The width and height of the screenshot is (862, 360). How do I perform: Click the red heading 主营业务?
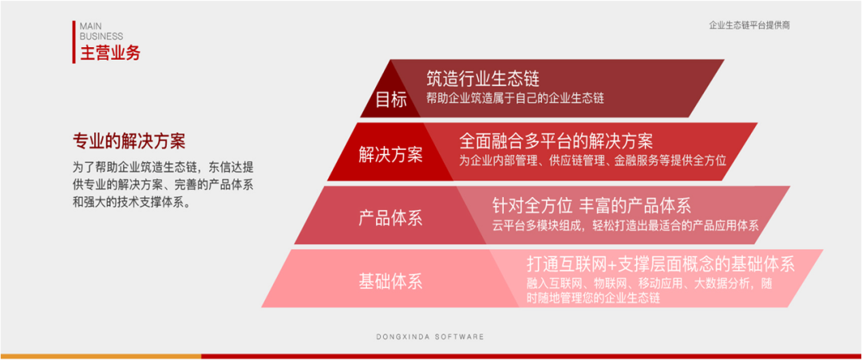click(110, 54)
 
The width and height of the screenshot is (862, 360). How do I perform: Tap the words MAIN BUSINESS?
click(101, 31)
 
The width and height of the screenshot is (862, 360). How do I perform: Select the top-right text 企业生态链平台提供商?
click(749, 26)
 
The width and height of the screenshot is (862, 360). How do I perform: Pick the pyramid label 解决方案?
click(391, 155)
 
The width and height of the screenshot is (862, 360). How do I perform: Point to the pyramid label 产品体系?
click(390, 218)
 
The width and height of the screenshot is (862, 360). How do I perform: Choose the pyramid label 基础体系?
click(390, 281)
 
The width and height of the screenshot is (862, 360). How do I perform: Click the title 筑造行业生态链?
click(483, 79)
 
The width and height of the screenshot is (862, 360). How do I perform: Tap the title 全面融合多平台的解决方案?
click(556, 141)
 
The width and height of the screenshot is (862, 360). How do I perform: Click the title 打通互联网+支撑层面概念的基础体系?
click(660, 264)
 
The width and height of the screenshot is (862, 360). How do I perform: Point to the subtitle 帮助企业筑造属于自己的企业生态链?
click(515, 98)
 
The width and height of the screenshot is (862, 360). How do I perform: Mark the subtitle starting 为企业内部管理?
click(592, 160)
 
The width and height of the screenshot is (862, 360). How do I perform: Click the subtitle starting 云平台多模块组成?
click(625, 225)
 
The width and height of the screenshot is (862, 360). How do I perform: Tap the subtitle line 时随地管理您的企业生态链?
click(593, 298)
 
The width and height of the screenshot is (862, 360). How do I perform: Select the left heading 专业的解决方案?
click(129, 142)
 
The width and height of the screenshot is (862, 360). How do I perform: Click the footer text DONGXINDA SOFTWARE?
click(430, 337)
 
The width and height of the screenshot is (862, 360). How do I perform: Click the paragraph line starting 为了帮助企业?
click(164, 168)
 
